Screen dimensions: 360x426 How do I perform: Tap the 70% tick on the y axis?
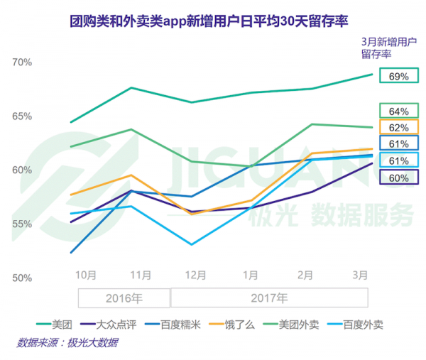pyautogui.click(x=23, y=62)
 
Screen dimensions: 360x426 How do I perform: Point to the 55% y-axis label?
pyautogui.click(x=23, y=224)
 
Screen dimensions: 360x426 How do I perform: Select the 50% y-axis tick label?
pyautogui.click(x=23, y=277)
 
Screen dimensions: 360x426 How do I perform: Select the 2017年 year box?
pyautogui.click(x=269, y=298)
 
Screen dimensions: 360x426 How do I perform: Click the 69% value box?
pyautogui.click(x=399, y=76)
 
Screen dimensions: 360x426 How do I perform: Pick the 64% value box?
pyautogui.click(x=399, y=111)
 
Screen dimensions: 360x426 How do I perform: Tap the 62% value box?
pyautogui.click(x=399, y=128)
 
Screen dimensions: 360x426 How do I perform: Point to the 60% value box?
pyautogui.click(x=399, y=178)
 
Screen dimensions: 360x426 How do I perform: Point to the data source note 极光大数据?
pyautogui.click(x=67, y=343)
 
